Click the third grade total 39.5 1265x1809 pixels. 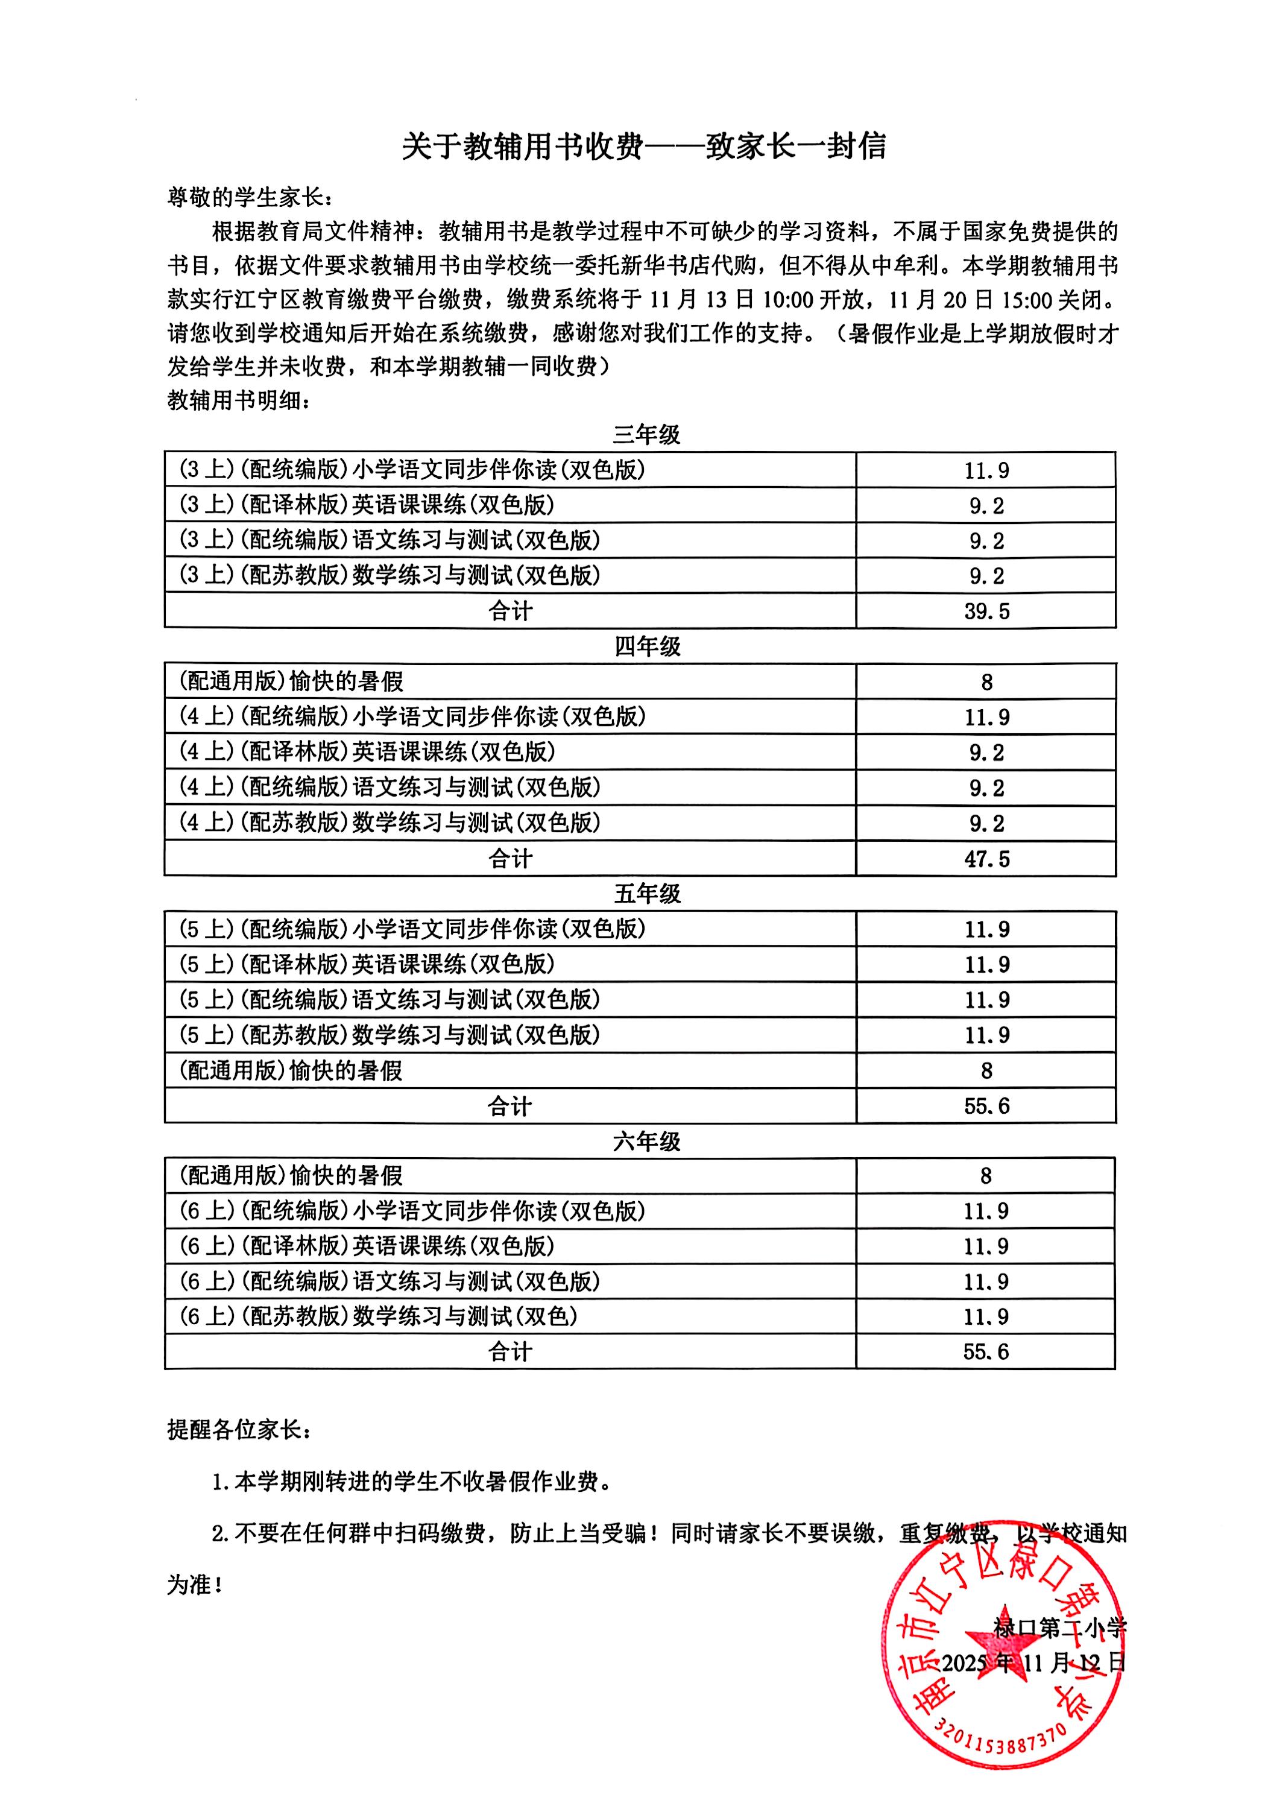[x=986, y=611]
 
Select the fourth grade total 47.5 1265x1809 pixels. [x=986, y=859]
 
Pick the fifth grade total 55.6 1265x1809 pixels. [x=986, y=1106]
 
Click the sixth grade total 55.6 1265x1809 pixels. [x=985, y=1352]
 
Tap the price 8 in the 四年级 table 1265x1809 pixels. [x=986, y=683]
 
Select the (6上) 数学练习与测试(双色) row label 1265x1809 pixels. [x=378, y=1316]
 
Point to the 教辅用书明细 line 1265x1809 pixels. [x=239, y=400]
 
